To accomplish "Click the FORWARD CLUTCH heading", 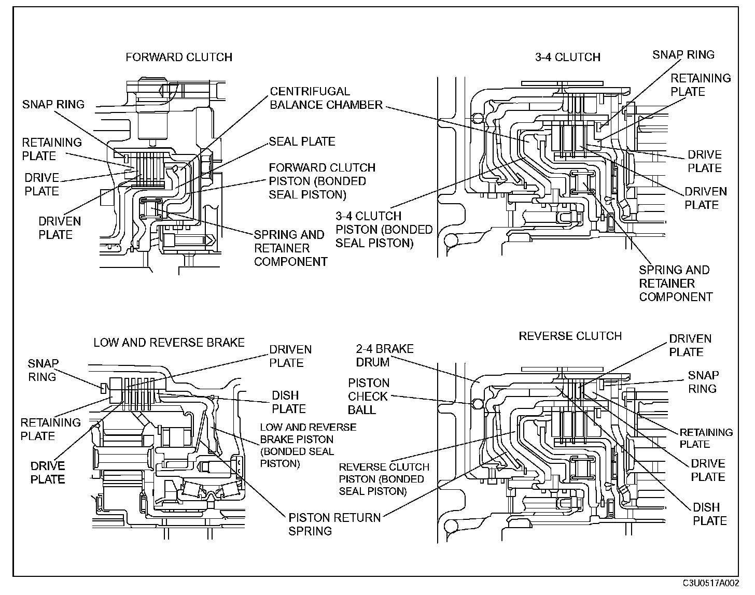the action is pos(179,57).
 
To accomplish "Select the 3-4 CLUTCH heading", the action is pos(568,57).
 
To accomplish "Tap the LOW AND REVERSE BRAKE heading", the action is pos(169,343).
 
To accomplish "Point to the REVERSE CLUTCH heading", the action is pos(570,336).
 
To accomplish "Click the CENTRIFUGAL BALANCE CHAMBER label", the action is pos(326,98).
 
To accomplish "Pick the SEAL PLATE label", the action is pos(302,141).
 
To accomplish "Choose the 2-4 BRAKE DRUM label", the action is pos(385,356).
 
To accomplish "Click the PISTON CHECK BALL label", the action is pos(368,396).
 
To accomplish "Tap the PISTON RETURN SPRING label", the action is pos(334,524).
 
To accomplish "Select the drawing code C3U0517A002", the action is pos(711,583).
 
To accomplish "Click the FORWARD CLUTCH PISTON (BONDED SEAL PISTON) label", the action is pos(322,181).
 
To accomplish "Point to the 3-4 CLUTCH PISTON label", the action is pos(384,229).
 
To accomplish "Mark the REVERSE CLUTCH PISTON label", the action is pos(384,479).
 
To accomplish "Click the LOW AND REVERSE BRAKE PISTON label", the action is pos(308,445).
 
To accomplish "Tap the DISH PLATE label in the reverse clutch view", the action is pos(709,514).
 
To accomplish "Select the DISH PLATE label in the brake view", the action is pos(289,402).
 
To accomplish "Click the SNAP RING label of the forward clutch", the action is pos(53,105).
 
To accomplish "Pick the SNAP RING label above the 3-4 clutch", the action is pos(683,55).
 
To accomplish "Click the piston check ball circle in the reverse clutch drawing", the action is pos(478,404).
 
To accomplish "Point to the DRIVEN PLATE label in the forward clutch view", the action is pos(60,228).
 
